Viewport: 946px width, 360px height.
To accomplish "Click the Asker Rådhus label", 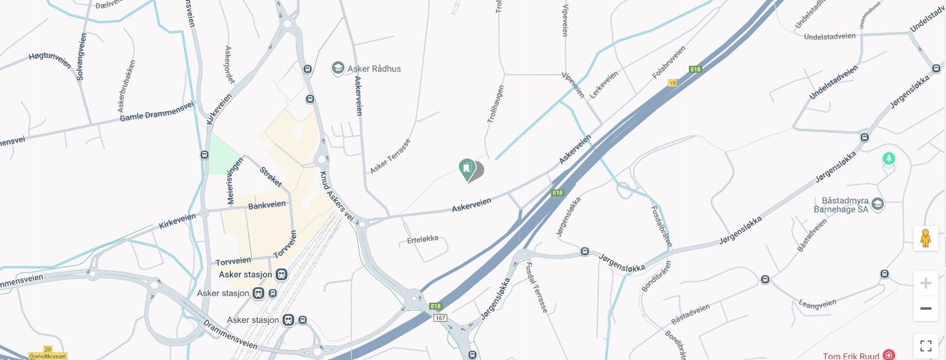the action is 374,69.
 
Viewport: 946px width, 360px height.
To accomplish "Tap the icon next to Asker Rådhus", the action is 338,69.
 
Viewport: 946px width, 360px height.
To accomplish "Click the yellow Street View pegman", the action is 925,238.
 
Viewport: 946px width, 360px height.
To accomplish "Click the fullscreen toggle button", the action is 925,346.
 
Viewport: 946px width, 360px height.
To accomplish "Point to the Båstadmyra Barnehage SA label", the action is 841,205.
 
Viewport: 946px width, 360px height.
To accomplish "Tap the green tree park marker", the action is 887,158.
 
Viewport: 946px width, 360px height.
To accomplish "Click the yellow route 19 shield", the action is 672,83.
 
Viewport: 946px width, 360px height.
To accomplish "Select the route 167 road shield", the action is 440,318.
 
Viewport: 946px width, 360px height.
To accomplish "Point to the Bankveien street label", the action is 267,205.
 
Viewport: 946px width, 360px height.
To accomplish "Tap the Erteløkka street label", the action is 423,239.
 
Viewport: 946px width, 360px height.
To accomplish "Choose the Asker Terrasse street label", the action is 390,157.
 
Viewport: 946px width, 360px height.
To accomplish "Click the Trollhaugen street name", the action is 495,105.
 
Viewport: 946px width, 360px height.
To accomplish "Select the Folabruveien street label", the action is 669,63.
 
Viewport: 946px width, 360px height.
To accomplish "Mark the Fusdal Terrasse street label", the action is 537,287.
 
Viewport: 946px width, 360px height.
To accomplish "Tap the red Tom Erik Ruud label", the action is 851,356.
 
